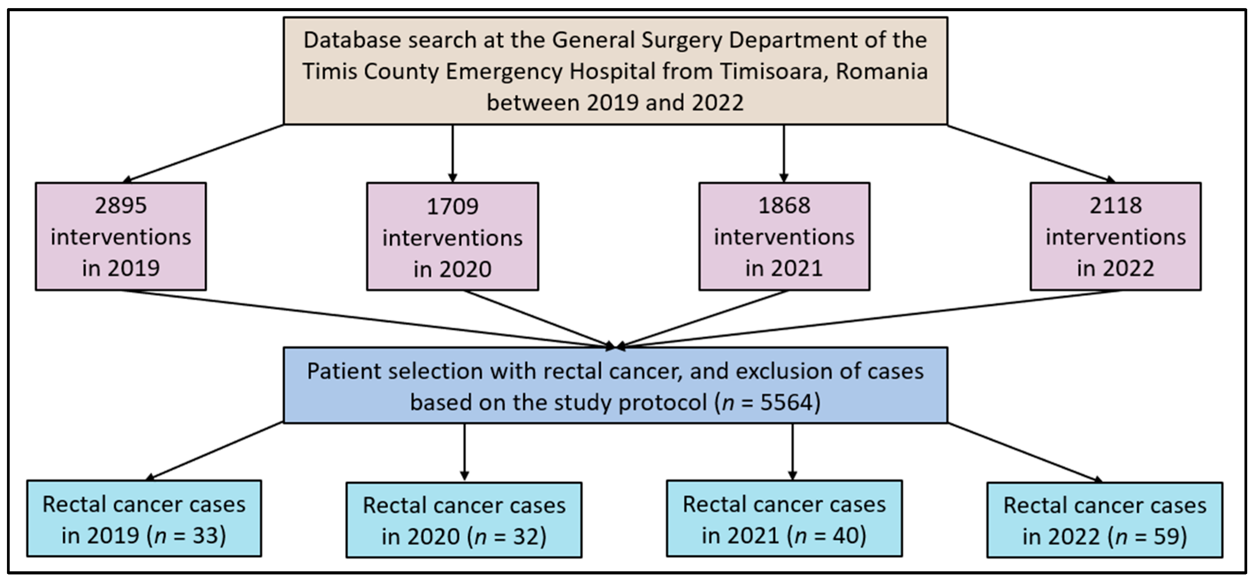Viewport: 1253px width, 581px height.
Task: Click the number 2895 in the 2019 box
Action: (x=120, y=205)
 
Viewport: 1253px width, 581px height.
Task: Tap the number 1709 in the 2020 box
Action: (x=452, y=207)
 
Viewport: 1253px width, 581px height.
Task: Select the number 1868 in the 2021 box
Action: (x=784, y=205)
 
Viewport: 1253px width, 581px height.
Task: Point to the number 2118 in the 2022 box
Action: (x=1115, y=205)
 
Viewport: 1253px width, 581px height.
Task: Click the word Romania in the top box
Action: (x=882, y=72)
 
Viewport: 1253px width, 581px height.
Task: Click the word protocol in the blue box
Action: (x=662, y=403)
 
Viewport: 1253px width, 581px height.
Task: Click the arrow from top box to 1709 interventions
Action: (x=452, y=153)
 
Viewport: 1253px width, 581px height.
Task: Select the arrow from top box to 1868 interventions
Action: (x=784, y=153)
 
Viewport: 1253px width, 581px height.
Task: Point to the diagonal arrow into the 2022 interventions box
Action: (x=1031, y=154)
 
